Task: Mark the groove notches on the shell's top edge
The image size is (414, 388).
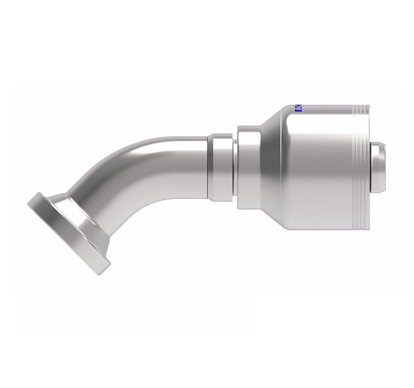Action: point(359,107)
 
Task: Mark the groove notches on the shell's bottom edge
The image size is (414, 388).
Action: point(359,226)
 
